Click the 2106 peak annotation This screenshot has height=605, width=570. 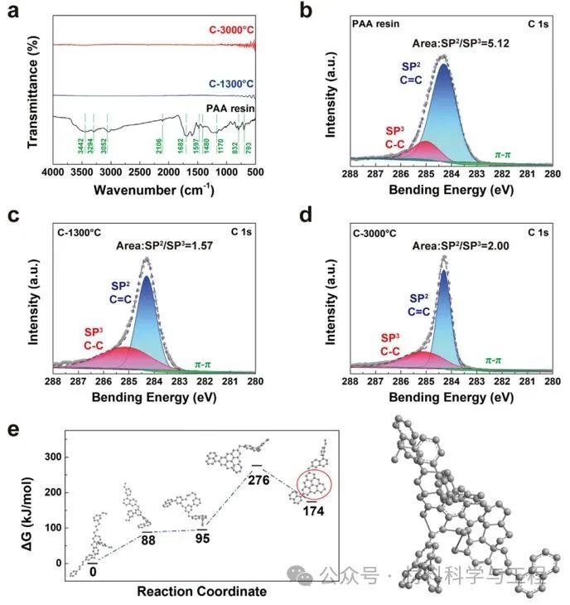[x=163, y=138]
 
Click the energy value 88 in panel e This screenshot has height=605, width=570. [x=148, y=541]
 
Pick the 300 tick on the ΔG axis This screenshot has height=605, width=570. [x=56, y=457]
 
